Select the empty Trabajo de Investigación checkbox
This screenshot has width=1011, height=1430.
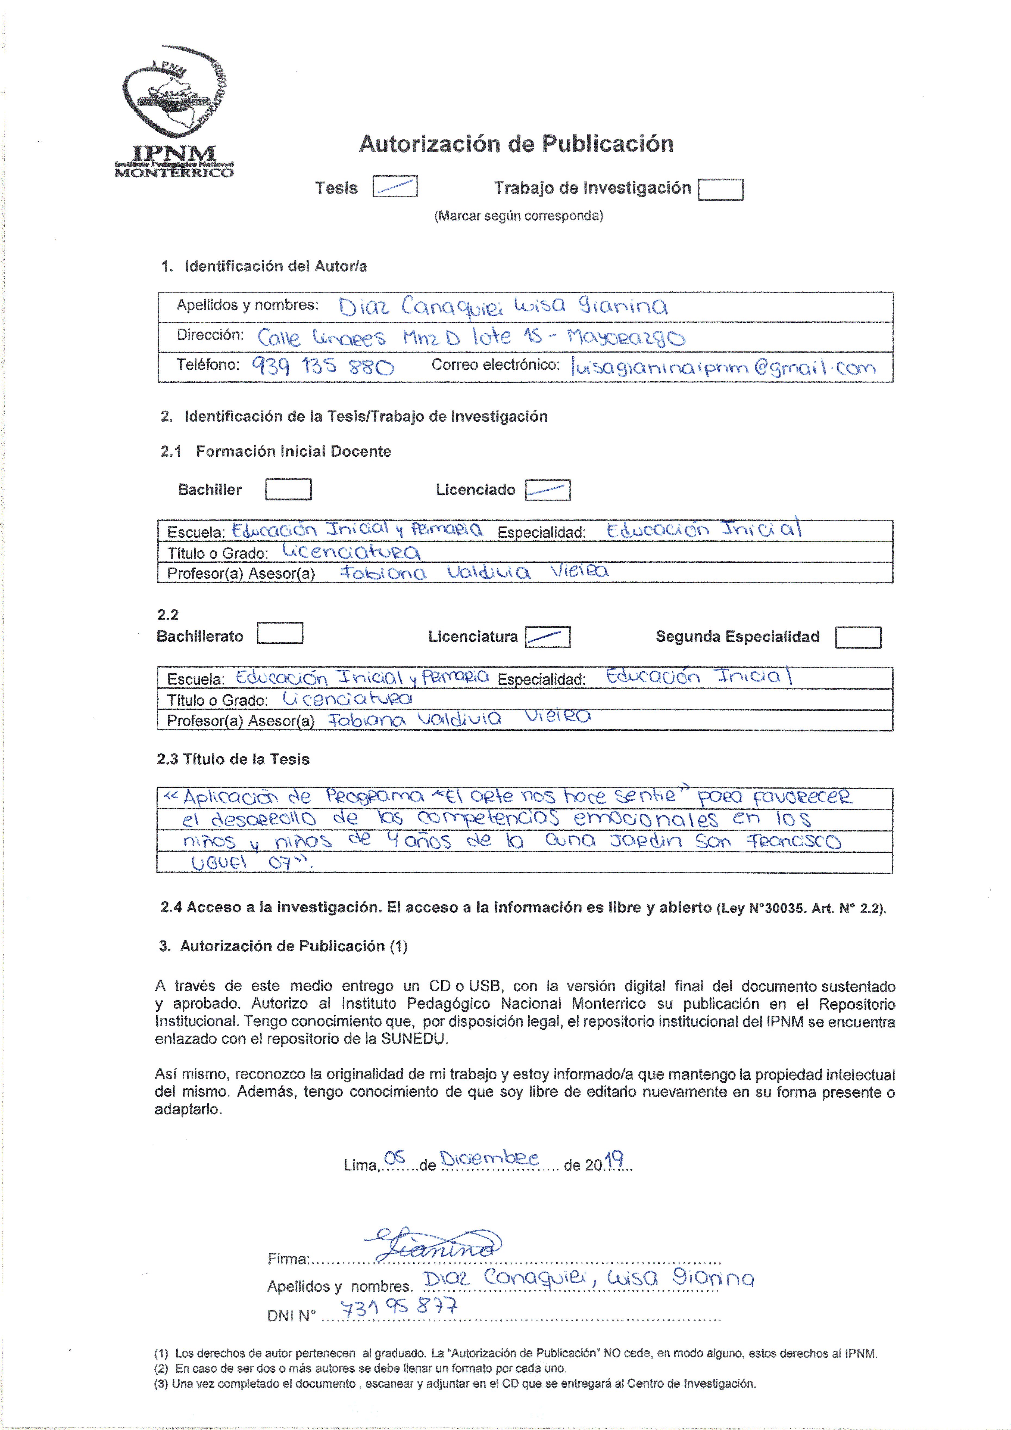(x=721, y=189)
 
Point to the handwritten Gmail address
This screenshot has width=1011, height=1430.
(x=723, y=367)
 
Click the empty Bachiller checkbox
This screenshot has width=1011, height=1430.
(x=288, y=490)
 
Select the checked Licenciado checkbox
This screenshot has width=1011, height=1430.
(x=548, y=490)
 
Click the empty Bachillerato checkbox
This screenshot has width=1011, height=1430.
(x=280, y=633)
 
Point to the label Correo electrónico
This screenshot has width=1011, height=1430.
(x=496, y=365)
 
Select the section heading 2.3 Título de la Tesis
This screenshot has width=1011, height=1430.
(x=233, y=759)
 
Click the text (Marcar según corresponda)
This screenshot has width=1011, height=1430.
(x=518, y=216)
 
